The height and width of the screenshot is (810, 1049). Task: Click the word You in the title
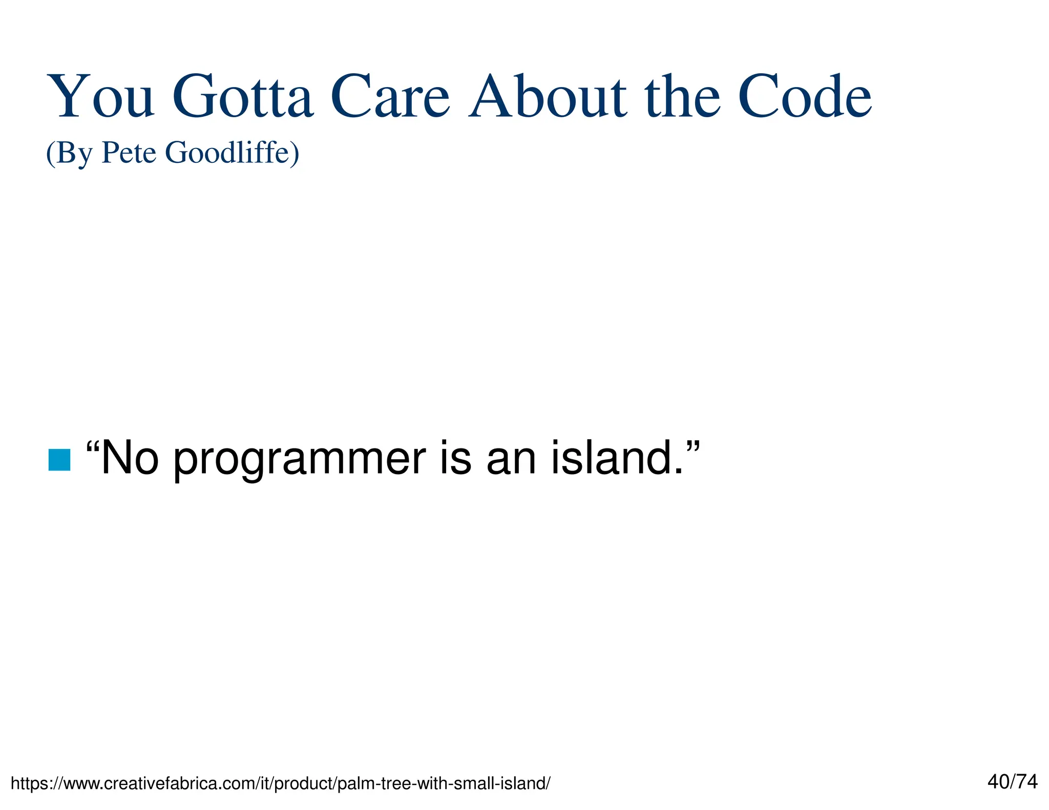click(100, 97)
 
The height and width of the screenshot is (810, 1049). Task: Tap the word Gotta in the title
click(242, 97)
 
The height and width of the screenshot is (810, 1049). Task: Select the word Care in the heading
click(390, 97)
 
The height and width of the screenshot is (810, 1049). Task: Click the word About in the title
click(547, 97)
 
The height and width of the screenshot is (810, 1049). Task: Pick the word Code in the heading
click(804, 97)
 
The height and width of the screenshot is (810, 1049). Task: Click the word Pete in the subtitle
click(129, 153)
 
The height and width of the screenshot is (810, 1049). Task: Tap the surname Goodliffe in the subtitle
click(227, 153)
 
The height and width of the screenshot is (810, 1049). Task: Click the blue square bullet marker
click(59, 459)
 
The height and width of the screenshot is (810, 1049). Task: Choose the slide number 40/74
click(1012, 782)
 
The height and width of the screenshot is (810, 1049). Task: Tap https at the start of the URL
click(28, 784)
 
